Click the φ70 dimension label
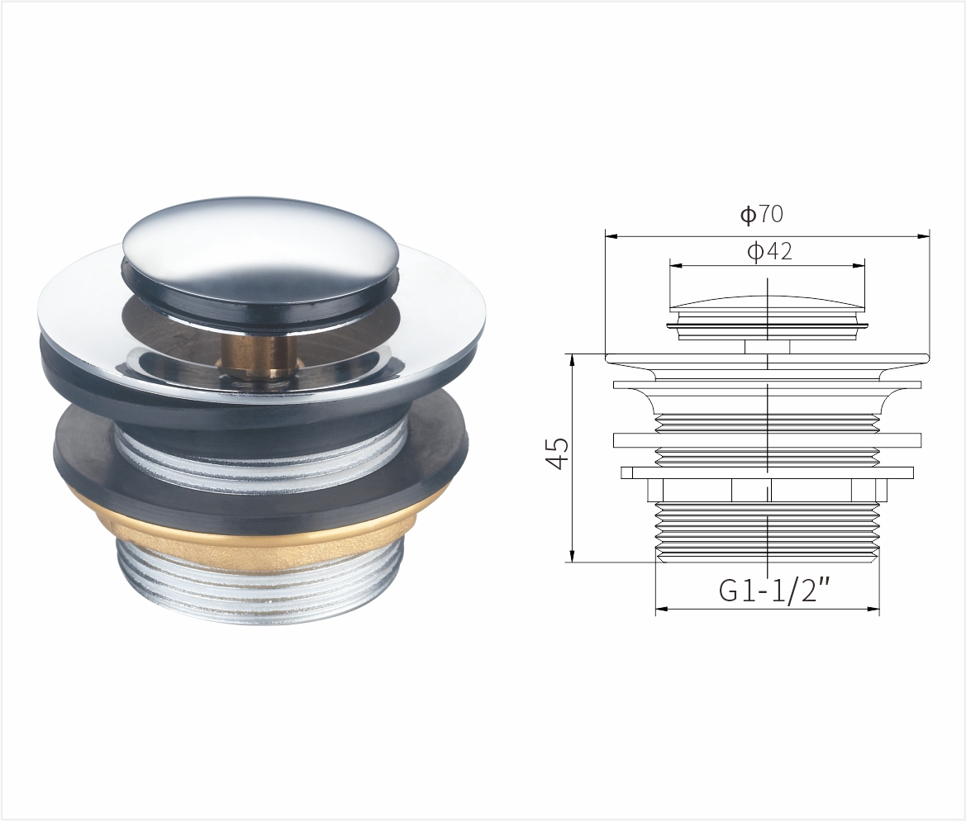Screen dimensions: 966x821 (761, 214)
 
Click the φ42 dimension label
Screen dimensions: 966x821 (769, 251)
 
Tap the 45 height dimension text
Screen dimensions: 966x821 (559, 453)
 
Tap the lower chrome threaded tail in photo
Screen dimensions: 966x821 (259, 582)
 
